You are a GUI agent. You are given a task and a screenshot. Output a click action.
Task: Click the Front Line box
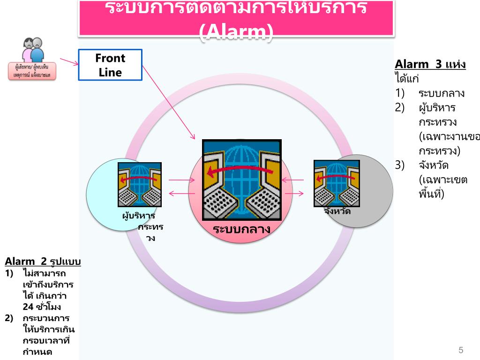[110, 65]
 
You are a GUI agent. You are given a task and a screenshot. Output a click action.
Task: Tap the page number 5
[461, 350]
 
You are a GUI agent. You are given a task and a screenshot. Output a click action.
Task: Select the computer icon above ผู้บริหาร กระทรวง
[140, 185]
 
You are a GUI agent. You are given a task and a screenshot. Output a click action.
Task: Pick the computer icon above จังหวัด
[337, 183]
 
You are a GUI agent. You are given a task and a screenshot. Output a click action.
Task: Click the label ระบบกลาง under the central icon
[241, 229]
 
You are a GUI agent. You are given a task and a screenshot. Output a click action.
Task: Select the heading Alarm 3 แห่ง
[430, 64]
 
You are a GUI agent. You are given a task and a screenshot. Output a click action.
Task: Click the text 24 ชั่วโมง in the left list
[42, 307]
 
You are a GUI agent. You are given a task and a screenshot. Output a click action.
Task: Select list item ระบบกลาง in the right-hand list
[442, 93]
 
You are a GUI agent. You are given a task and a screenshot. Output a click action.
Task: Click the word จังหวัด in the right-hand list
[434, 165]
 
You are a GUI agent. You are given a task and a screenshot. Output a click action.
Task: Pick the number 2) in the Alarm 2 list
[9, 318]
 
